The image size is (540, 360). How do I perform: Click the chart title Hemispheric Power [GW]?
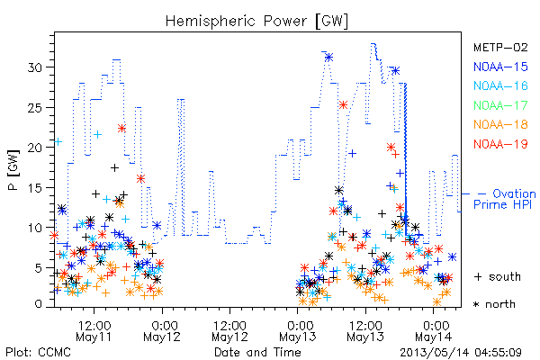click(256, 22)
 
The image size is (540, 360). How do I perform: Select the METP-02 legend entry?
click(500, 47)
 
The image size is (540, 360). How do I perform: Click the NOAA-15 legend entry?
click(500, 67)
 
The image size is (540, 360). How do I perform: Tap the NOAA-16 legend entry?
click(500, 85)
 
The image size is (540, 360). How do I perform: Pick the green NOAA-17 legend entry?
click(500, 105)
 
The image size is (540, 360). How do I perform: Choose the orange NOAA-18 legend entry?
click(500, 124)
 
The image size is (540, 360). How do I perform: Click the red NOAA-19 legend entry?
click(500, 144)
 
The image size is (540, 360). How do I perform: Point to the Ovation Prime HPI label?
click(505, 199)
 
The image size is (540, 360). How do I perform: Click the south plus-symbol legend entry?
click(498, 276)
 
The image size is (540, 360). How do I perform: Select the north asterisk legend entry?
click(494, 304)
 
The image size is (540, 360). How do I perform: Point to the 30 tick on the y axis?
click(36, 67)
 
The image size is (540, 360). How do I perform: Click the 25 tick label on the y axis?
click(36, 107)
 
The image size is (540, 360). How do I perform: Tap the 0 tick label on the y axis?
click(39, 304)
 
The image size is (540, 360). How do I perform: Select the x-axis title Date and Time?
click(257, 352)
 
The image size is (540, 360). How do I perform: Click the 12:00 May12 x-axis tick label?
click(230, 331)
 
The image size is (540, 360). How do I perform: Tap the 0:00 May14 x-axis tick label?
click(434, 331)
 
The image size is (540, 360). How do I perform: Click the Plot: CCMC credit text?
click(38, 352)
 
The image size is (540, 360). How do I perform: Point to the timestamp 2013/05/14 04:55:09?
click(461, 353)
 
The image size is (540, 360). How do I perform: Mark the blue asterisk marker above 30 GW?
click(328, 58)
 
